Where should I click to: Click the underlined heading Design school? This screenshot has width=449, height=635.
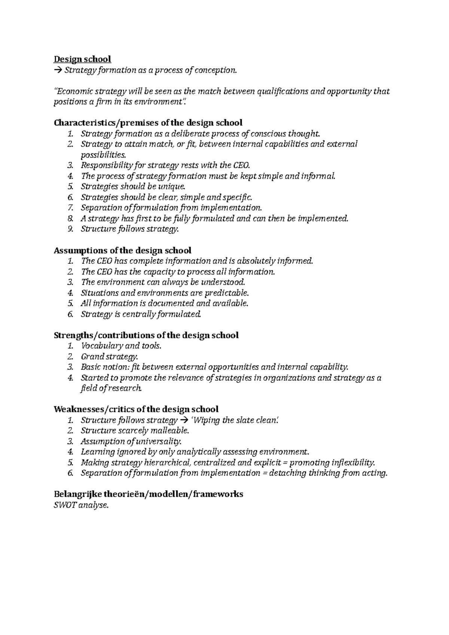click(82, 59)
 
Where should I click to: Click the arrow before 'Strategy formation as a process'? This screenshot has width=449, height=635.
click(58, 70)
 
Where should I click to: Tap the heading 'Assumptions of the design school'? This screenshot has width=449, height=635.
click(122, 250)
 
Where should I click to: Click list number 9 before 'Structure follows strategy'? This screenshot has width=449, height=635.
click(70, 229)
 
